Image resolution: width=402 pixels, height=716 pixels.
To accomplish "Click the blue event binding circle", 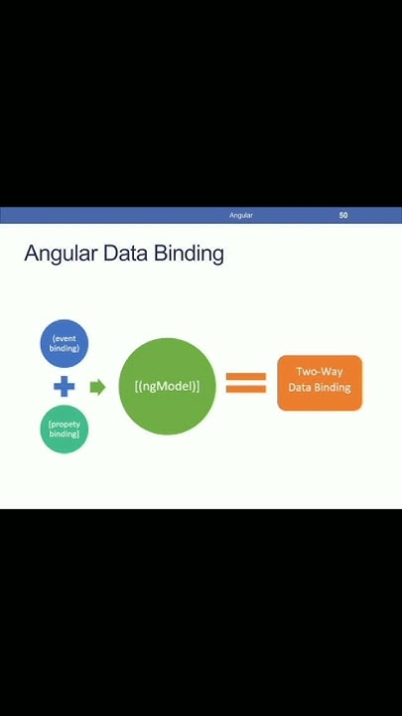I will pyautogui.click(x=65, y=343).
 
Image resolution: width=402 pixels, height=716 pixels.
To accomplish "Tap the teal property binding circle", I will pyautogui.click(x=65, y=430).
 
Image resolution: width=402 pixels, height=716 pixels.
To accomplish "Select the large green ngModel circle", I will pyautogui.click(x=167, y=386).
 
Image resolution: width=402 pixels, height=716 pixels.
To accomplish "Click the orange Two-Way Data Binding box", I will pyautogui.click(x=320, y=383).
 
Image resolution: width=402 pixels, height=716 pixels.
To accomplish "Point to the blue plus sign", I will pyautogui.click(x=65, y=387).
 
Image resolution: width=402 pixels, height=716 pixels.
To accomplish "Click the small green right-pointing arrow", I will pyautogui.click(x=97, y=387).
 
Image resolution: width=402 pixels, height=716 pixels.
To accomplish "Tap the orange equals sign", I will pyautogui.click(x=246, y=383).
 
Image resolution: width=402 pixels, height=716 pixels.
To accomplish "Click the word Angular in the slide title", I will pyautogui.click(x=61, y=254).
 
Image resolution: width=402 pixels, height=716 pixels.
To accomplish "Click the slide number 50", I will pyautogui.click(x=343, y=215).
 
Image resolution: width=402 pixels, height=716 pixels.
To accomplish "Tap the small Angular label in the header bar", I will pyautogui.click(x=241, y=215).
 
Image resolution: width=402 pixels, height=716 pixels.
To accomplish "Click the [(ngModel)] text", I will pyautogui.click(x=167, y=386).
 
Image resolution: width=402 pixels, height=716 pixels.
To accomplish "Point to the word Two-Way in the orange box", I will pyautogui.click(x=320, y=372).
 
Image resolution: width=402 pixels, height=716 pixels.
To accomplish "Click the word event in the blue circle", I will pyautogui.click(x=65, y=339).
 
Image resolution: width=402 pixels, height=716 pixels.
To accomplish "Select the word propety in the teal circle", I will pyautogui.click(x=65, y=425).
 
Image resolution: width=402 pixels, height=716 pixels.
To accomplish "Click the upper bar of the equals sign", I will pyautogui.click(x=246, y=376).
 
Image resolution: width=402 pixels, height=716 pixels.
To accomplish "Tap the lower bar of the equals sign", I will pyautogui.click(x=246, y=390).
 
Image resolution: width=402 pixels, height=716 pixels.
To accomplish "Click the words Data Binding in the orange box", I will pyautogui.click(x=320, y=388).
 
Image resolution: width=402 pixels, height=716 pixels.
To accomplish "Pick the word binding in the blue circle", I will pyautogui.click(x=65, y=349).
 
